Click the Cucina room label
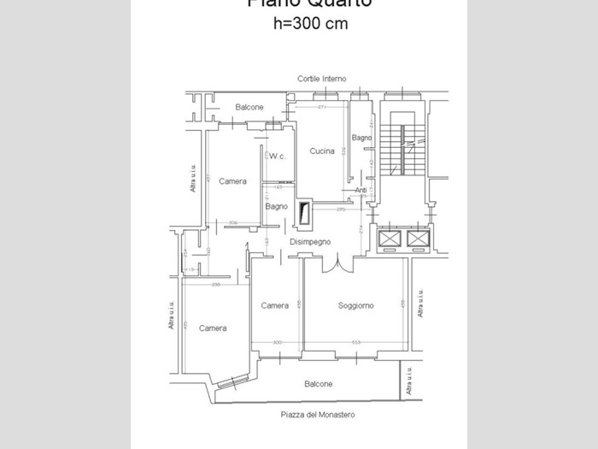pos(322,151)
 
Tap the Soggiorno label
pos(355,305)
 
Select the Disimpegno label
pos(310,242)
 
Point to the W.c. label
pos(277,157)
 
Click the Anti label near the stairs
pos(361,190)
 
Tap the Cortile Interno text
pos(322,79)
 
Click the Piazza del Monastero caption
pos(318,415)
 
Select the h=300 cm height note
pos(310,24)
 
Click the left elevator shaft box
pos(389,238)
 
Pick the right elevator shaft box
pos(416,238)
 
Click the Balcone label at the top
pos(249,107)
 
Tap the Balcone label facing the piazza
pos(318,384)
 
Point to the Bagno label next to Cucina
pos(361,138)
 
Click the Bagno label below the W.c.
pos(276,206)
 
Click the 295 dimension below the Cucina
pos(340,210)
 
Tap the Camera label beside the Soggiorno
pos(274,305)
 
